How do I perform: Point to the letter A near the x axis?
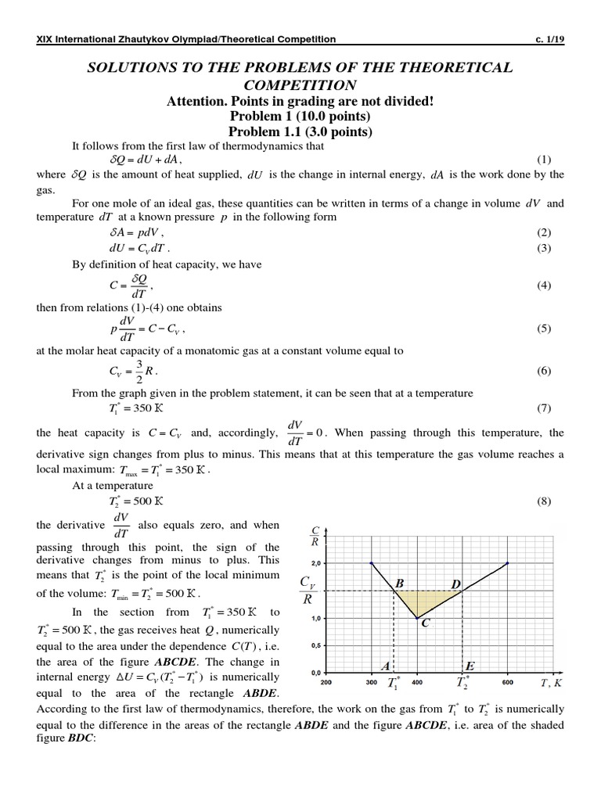click(385, 666)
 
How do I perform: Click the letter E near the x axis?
click(470, 666)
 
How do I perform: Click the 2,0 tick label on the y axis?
click(316, 563)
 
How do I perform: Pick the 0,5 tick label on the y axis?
click(316, 645)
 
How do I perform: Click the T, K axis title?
click(552, 683)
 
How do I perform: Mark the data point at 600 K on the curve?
click(508, 563)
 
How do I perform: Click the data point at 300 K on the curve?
click(371, 563)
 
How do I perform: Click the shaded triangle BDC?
click(423, 601)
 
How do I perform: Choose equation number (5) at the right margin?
click(544, 329)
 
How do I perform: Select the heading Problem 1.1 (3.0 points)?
click(300, 132)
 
